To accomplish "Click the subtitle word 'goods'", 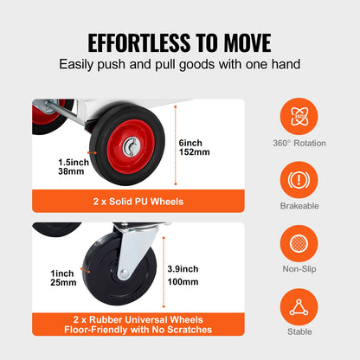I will (x=194, y=64).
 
